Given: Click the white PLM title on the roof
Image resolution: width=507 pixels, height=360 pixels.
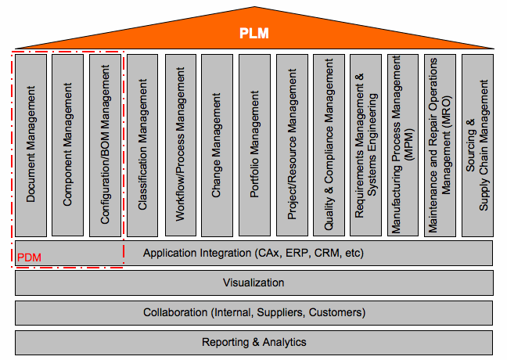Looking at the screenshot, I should [x=253, y=33].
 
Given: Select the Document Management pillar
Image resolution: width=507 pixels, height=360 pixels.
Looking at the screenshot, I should [x=31, y=145].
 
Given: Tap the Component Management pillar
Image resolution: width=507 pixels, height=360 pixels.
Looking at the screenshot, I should [x=68, y=145].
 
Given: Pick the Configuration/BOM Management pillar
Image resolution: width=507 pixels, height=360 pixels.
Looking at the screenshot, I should [x=106, y=145].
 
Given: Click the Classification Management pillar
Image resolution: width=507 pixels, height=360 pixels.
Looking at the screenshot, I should [x=142, y=145].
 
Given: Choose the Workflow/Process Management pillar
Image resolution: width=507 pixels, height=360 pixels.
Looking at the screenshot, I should [x=180, y=145].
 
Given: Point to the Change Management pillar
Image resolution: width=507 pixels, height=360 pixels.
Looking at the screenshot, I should [x=218, y=145].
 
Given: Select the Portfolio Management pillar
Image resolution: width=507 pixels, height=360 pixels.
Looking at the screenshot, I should [x=254, y=145].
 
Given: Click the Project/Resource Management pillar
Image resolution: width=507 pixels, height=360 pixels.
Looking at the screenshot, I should [x=292, y=145].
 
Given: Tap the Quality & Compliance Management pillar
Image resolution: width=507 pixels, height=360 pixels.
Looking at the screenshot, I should [x=329, y=145].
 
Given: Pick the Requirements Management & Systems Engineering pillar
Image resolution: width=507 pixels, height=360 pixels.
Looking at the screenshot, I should [x=366, y=145].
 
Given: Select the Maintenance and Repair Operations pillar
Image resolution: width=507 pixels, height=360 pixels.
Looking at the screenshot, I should [x=440, y=145].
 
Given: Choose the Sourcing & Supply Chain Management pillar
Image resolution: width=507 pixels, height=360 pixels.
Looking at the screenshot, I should [x=477, y=145].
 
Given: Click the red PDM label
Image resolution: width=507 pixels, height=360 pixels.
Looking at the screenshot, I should [x=29, y=257].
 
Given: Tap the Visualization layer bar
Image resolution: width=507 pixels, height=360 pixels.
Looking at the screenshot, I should [x=253, y=283].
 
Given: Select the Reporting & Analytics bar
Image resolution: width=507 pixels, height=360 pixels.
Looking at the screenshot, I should [x=253, y=342].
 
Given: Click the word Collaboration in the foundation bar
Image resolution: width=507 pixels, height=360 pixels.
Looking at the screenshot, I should [x=175, y=312].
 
